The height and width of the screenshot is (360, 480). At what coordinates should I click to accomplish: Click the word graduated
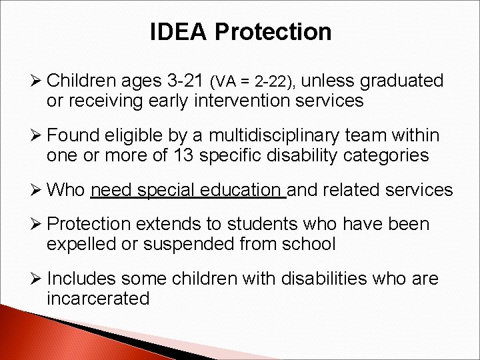tap(401, 81)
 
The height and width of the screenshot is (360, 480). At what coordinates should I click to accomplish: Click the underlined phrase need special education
tap(188, 191)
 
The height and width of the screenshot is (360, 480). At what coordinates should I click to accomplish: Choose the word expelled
tap(79, 243)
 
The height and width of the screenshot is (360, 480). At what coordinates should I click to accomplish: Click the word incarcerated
tap(98, 298)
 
